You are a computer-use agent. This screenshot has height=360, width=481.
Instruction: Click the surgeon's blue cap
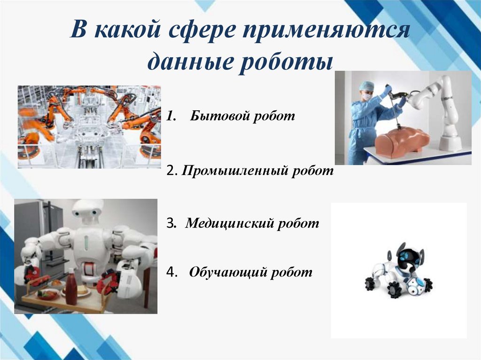[x=366, y=86]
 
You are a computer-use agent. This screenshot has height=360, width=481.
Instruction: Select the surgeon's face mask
[x=366, y=96]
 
